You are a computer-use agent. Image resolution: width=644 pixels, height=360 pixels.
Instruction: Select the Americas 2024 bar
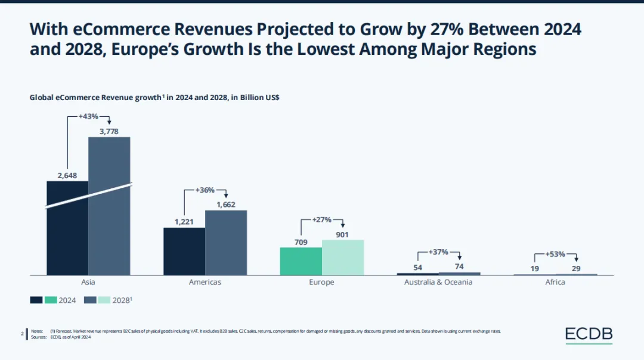click(x=184, y=251)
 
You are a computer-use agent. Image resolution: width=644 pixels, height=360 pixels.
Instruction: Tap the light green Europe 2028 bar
click(x=343, y=257)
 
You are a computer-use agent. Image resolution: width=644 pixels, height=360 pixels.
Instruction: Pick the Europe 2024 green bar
click(x=301, y=261)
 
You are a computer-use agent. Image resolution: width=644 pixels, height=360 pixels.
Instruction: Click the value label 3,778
click(x=109, y=131)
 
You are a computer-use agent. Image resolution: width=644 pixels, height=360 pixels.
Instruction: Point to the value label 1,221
click(x=184, y=222)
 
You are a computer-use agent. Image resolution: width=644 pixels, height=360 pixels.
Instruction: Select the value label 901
click(x=342, y=234)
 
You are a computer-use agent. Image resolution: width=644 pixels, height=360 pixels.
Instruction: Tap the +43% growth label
click(x=88, y=116)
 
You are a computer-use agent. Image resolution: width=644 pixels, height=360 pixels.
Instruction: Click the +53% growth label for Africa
click(x=555, y=255)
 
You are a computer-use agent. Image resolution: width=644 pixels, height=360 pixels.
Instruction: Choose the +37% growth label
click(x=438, y=252)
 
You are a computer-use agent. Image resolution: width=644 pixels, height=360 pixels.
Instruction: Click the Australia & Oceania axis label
click(x=438, y=282)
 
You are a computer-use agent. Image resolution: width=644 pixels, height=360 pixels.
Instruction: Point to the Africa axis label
click(x=555, y=282)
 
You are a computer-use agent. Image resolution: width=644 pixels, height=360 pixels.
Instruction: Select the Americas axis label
click(x=205, y=282)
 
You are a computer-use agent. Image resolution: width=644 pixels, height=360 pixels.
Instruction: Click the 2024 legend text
click(x=67, y=300)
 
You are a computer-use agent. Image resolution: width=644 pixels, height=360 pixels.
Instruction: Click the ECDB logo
click(x=589, y=335)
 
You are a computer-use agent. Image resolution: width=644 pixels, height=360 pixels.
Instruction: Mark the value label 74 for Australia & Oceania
click(x=459, y=266)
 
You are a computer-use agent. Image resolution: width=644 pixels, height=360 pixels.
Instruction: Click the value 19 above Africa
click(x=535, y=269)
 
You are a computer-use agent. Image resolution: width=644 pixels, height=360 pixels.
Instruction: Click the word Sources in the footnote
click(x=38, y=337)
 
